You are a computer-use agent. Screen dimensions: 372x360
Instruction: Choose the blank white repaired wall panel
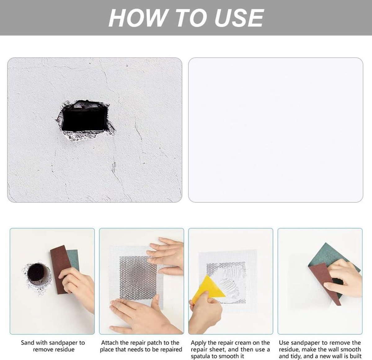click(x=276, y=130)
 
